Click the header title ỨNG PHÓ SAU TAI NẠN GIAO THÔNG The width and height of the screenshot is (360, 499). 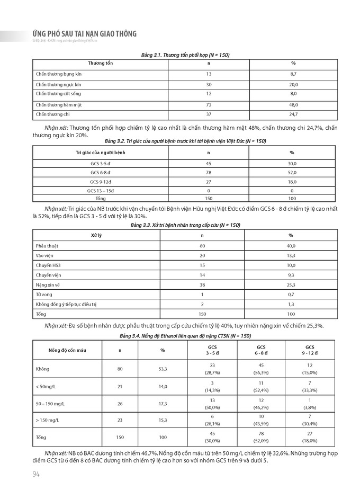[x=84, y=34]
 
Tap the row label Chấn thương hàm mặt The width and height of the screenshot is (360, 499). [x=59, y=105]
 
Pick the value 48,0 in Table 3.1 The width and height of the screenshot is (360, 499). [x=293, y=105]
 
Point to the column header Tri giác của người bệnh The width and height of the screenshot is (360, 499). [x=101, y=153]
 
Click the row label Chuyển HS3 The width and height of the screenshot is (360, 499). [x=47, y=265]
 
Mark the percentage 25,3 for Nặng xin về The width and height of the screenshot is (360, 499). [x=291, y=284]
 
